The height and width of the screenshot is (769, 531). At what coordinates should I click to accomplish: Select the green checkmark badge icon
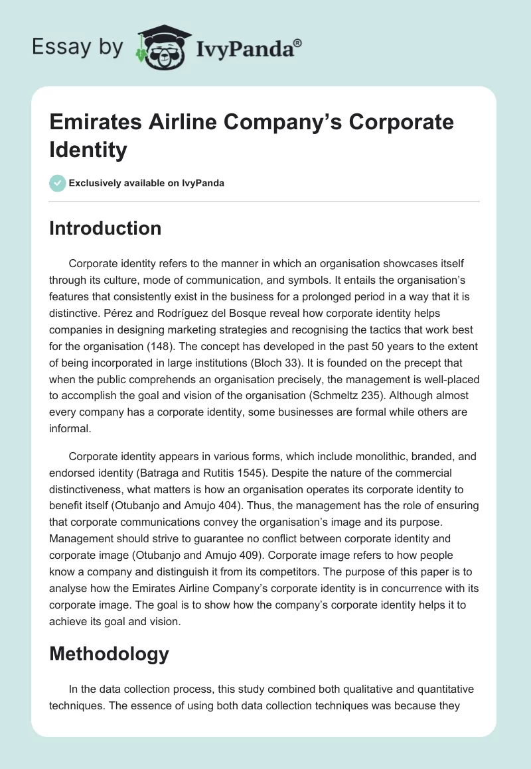[57, 183]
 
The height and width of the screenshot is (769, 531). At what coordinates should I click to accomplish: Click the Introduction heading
[105, 228]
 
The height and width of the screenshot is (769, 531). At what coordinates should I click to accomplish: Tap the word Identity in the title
[88, 150]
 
